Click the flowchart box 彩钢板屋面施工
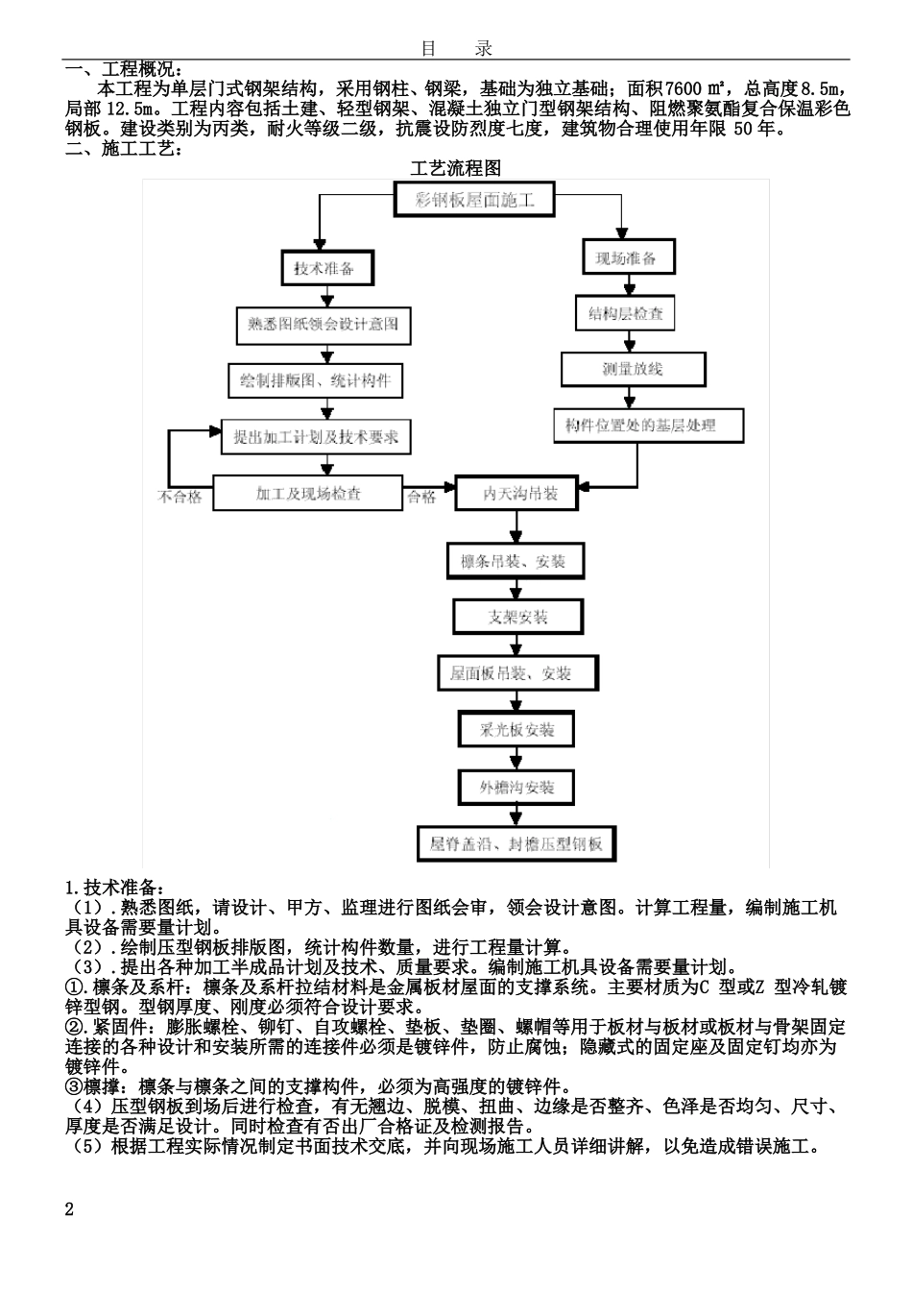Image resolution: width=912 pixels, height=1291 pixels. click(x=473, y=202)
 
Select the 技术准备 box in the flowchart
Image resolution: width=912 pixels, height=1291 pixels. click(x=324, y=268)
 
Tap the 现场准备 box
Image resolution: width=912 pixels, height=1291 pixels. click(x=628, y=257)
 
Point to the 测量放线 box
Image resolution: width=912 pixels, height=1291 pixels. click(x=633, y=369)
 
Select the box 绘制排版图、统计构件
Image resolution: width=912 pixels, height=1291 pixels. click(x=315, y=380)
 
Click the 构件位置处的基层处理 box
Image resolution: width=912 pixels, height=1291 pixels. click(x=649, y=426)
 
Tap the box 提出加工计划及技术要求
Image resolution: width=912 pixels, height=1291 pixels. click(x=315, y=437)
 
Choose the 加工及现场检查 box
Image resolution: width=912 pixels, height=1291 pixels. click(x=308, y=494)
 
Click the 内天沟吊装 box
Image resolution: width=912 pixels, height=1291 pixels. click(x=518, y=494)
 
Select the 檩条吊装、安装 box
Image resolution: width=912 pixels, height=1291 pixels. click(x=516, y=561)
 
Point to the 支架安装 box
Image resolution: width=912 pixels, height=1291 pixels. click(x=517, y=618)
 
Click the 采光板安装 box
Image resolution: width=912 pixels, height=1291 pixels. click(x=517, y=730)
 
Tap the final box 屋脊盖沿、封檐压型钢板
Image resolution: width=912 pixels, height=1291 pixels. click(x=516, y=844)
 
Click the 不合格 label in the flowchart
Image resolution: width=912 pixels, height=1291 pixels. click(x=180, y=497)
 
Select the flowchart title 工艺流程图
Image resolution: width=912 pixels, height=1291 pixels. click(x=456, y=168)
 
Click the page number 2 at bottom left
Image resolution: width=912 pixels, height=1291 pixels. click(x=69, y=1209)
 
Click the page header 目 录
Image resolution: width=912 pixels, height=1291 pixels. click(x=456, y=48)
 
